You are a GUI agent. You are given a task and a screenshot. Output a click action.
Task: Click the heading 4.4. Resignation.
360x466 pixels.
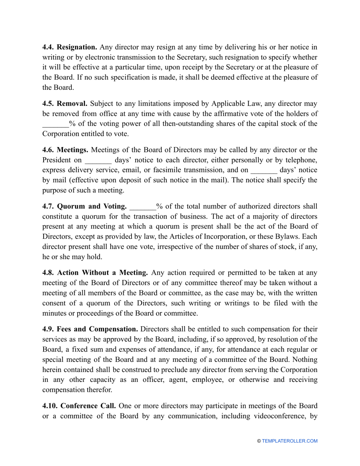(x=70, y=47)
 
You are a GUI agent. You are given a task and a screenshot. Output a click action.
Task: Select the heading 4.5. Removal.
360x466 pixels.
(x=65, y=103)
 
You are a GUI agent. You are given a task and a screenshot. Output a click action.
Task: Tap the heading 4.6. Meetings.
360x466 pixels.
(x=66, y=150)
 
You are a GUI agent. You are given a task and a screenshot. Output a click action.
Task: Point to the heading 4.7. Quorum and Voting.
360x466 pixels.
(x=84, y=206)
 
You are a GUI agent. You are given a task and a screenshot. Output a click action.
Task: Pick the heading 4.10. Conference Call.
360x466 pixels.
(x=79, y=406)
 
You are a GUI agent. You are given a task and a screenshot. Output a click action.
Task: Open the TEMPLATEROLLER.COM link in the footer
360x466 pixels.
(x=290, y=441)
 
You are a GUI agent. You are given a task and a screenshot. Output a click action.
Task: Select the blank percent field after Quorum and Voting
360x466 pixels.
(x=142, y=207)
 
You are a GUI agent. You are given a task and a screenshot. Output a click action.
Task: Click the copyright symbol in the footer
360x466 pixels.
(x=259, y=441)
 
